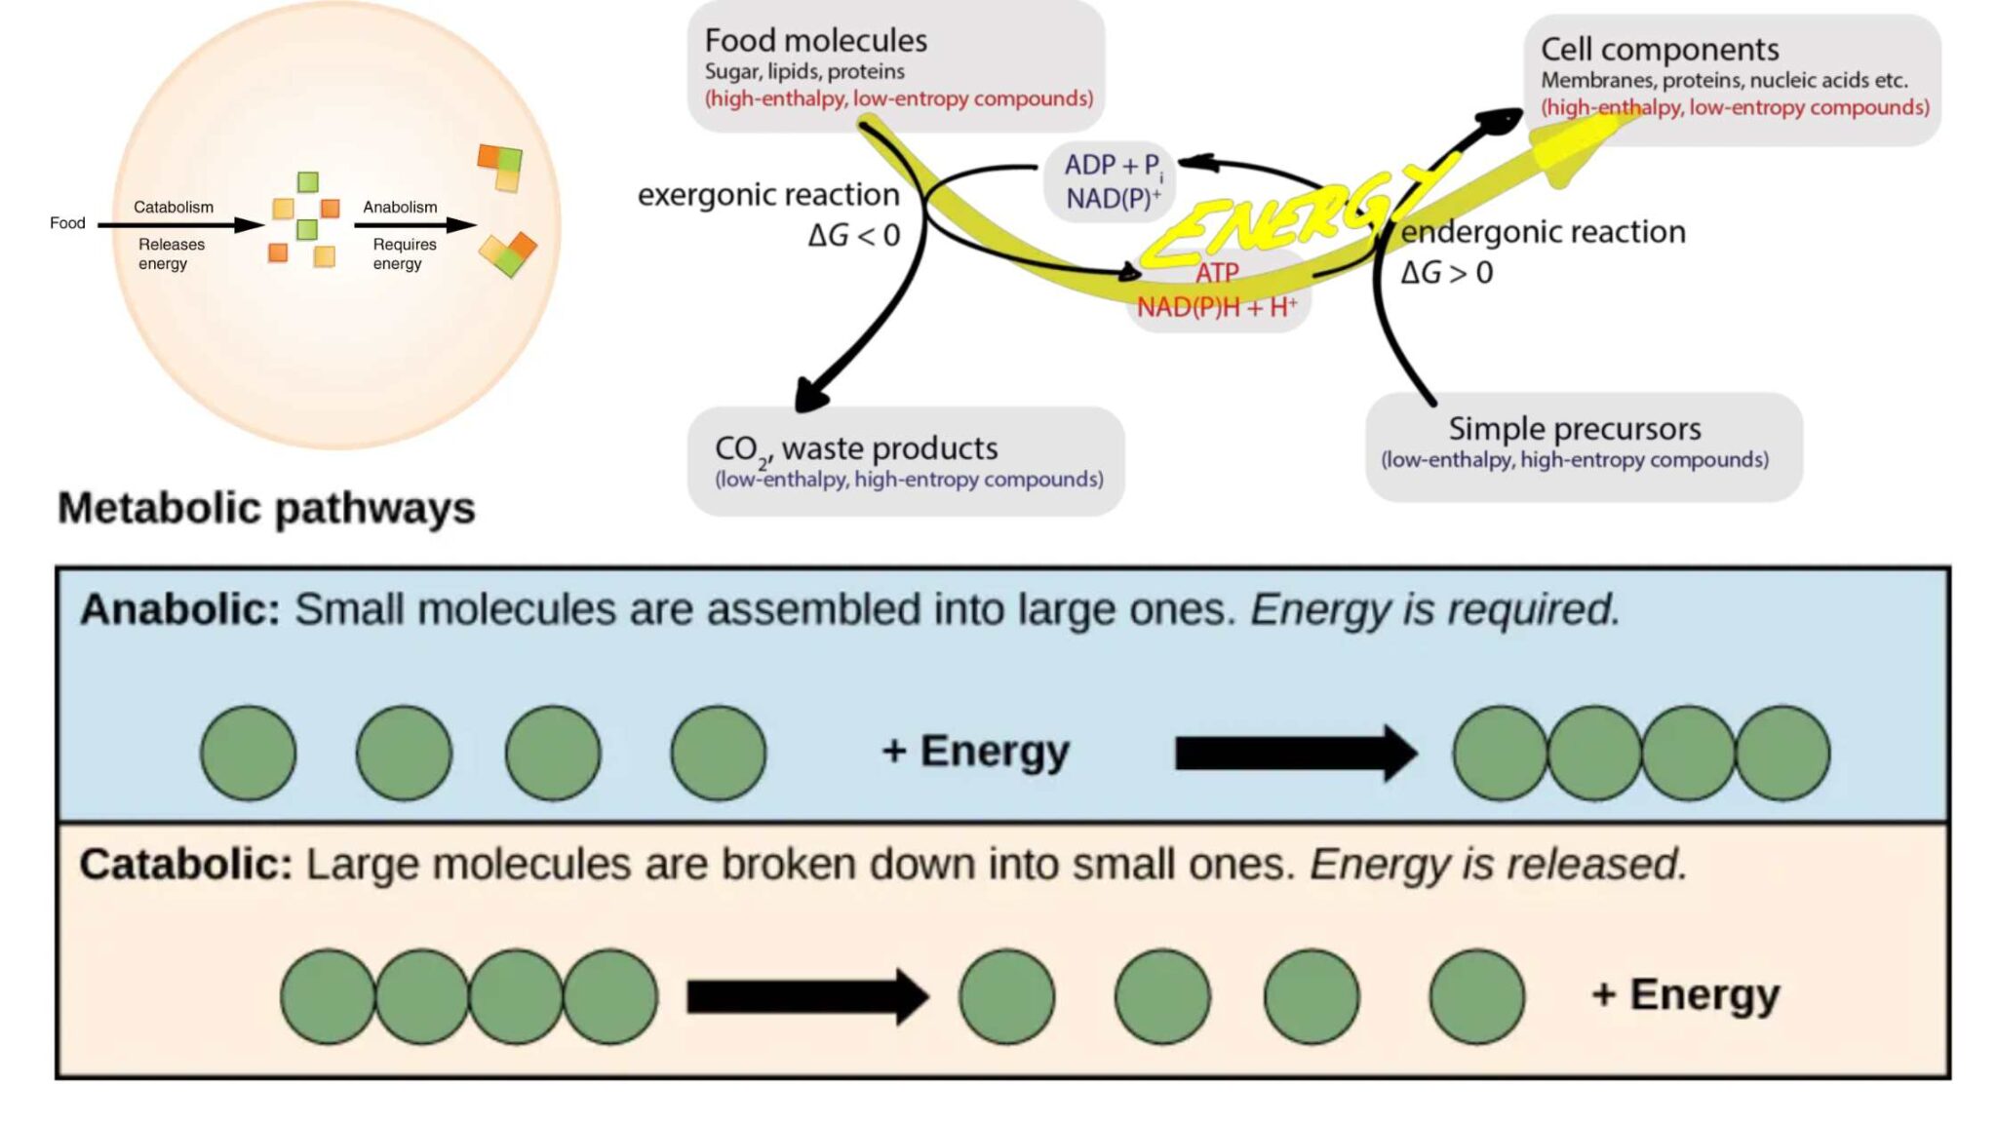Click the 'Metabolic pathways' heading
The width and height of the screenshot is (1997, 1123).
[266, 508]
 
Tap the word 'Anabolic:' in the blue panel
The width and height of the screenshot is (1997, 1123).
[180, 609]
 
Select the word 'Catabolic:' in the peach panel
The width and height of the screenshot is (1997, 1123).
[185, 865]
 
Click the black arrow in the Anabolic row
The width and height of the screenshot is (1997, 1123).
[1295, 753]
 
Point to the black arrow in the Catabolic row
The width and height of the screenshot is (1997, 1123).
[806, 996]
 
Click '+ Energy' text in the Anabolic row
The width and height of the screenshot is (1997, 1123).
[975, 752]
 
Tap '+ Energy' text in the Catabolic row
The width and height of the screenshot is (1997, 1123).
[1685, 995]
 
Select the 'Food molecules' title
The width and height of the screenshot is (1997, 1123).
[815, 41]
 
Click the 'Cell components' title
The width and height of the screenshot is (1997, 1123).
[1659, 50]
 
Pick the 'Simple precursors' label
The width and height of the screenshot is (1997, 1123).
[1574, 429]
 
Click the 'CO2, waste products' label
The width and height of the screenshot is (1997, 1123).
[856, 448]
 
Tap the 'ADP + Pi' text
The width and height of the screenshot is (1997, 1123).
[1112, 165]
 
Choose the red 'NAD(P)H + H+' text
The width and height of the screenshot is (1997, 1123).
[1216, 308]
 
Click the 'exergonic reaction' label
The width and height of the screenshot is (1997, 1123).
[768, 195]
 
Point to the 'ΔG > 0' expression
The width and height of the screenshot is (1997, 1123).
[1446, 273]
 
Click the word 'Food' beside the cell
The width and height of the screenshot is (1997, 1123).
[67, 223]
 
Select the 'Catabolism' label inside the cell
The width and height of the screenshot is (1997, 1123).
[173, 208]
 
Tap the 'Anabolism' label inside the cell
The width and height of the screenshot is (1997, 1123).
[400, 208]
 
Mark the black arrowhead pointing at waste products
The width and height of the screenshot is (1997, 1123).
[811, 394]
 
